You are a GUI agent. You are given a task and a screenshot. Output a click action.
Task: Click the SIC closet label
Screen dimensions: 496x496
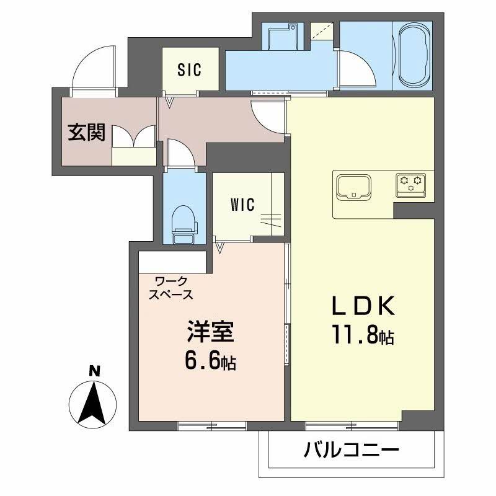pyautogui.click(x=190, y=71)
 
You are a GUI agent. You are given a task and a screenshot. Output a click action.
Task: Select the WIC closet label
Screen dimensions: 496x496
pyautogui.click(x=242, y=205)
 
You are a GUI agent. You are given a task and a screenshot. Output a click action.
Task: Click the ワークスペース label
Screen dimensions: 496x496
pyautogui.click(x=170, y=288)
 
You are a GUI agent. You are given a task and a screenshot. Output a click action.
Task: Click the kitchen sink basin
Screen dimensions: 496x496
pyautogui.click(x=353, y=187)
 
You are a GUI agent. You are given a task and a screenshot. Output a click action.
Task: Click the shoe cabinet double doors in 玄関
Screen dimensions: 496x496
pyautogui.click(x=133, y=137)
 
